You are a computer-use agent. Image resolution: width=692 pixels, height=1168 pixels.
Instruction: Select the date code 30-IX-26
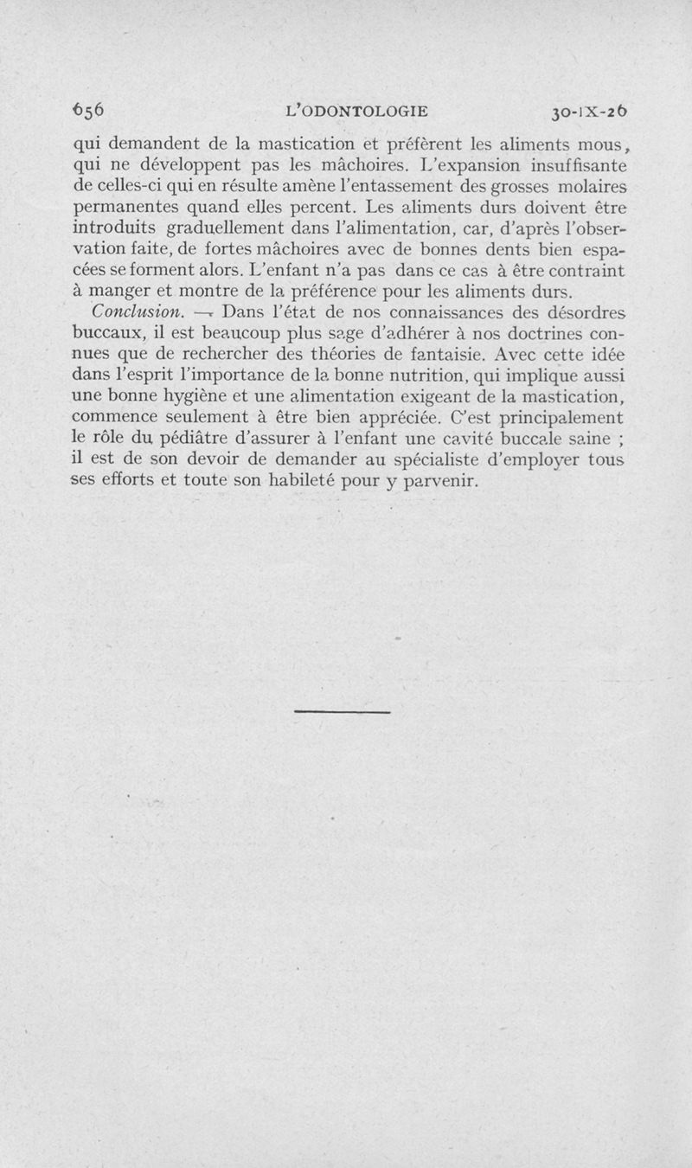tap(588, 111)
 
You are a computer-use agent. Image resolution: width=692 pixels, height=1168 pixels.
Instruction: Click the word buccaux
tap(106, 333)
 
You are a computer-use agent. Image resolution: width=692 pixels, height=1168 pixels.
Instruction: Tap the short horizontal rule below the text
tap(343, 712)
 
